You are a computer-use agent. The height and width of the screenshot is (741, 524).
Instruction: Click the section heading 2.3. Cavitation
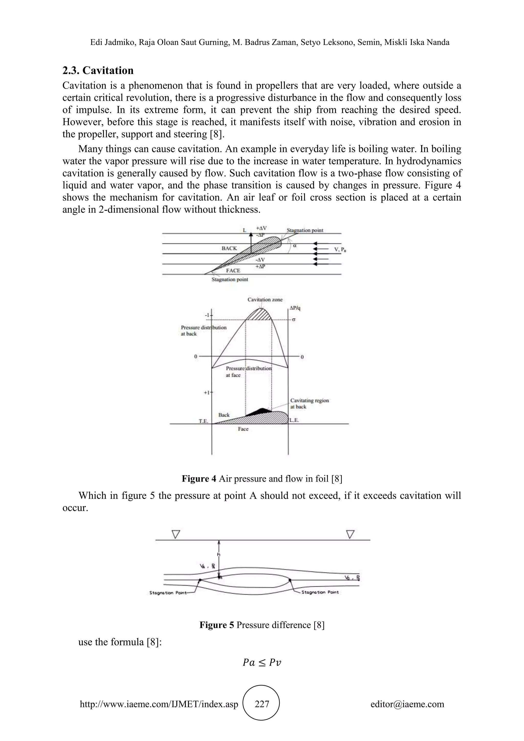(98, 70)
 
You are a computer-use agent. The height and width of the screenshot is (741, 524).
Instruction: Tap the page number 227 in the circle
(262, 704)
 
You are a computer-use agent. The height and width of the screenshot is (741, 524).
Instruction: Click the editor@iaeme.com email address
(407, 704)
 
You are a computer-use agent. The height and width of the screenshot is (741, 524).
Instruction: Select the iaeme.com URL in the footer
(159, 704)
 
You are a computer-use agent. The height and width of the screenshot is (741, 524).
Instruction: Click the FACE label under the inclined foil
(233, 270)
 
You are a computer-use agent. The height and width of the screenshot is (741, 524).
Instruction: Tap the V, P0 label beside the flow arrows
(340, 249)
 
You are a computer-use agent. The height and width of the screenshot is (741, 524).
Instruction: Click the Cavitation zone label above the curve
(265, 300)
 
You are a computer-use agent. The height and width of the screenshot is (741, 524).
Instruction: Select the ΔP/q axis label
(295, 308)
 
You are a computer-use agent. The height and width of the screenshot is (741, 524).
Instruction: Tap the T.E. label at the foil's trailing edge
(204, 421)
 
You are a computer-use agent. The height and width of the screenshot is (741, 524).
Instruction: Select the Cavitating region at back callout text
(309, 404)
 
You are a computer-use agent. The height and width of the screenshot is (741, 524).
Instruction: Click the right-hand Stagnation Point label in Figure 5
(320, 592)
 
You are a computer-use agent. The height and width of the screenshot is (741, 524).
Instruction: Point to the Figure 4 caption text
(262, 479)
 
